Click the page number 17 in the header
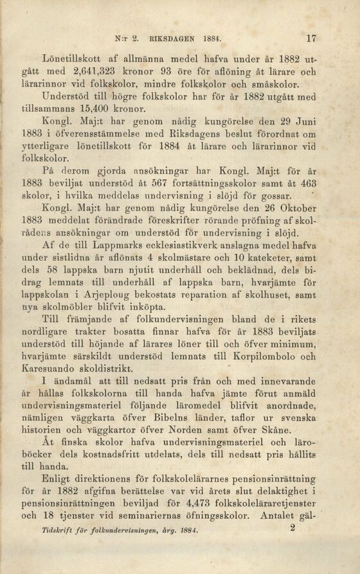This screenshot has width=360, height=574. point(312,38)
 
